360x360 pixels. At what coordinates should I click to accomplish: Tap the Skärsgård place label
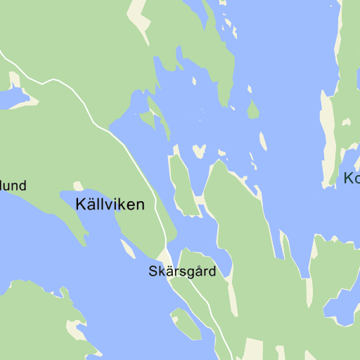coord(181,271)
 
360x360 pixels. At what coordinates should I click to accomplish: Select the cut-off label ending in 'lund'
coord(13,186)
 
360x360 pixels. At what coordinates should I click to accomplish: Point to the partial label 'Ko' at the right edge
coord(352,179)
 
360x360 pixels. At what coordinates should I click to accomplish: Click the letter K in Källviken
coord(79,205)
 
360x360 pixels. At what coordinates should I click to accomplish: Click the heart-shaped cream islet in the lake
coord(200,151)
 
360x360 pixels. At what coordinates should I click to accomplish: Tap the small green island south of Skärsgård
coord(186,323)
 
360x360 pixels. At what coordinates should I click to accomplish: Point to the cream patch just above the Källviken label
coord(78,186)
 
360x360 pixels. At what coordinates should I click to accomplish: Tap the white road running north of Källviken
coord(70,88)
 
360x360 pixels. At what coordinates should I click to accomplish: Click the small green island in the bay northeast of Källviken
coord(147,119)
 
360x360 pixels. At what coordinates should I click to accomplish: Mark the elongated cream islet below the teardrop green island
coord(263,141)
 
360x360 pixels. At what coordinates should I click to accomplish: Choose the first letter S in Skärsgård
coord(153,271)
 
